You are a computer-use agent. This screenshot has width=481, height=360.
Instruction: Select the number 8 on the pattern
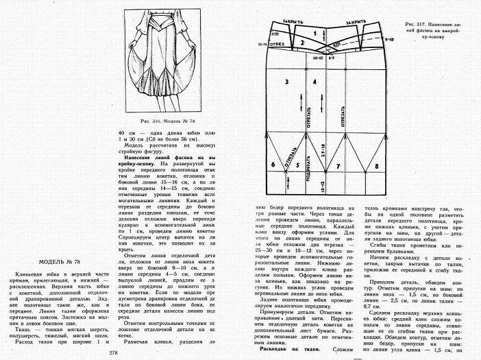[x=376, y=166]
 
